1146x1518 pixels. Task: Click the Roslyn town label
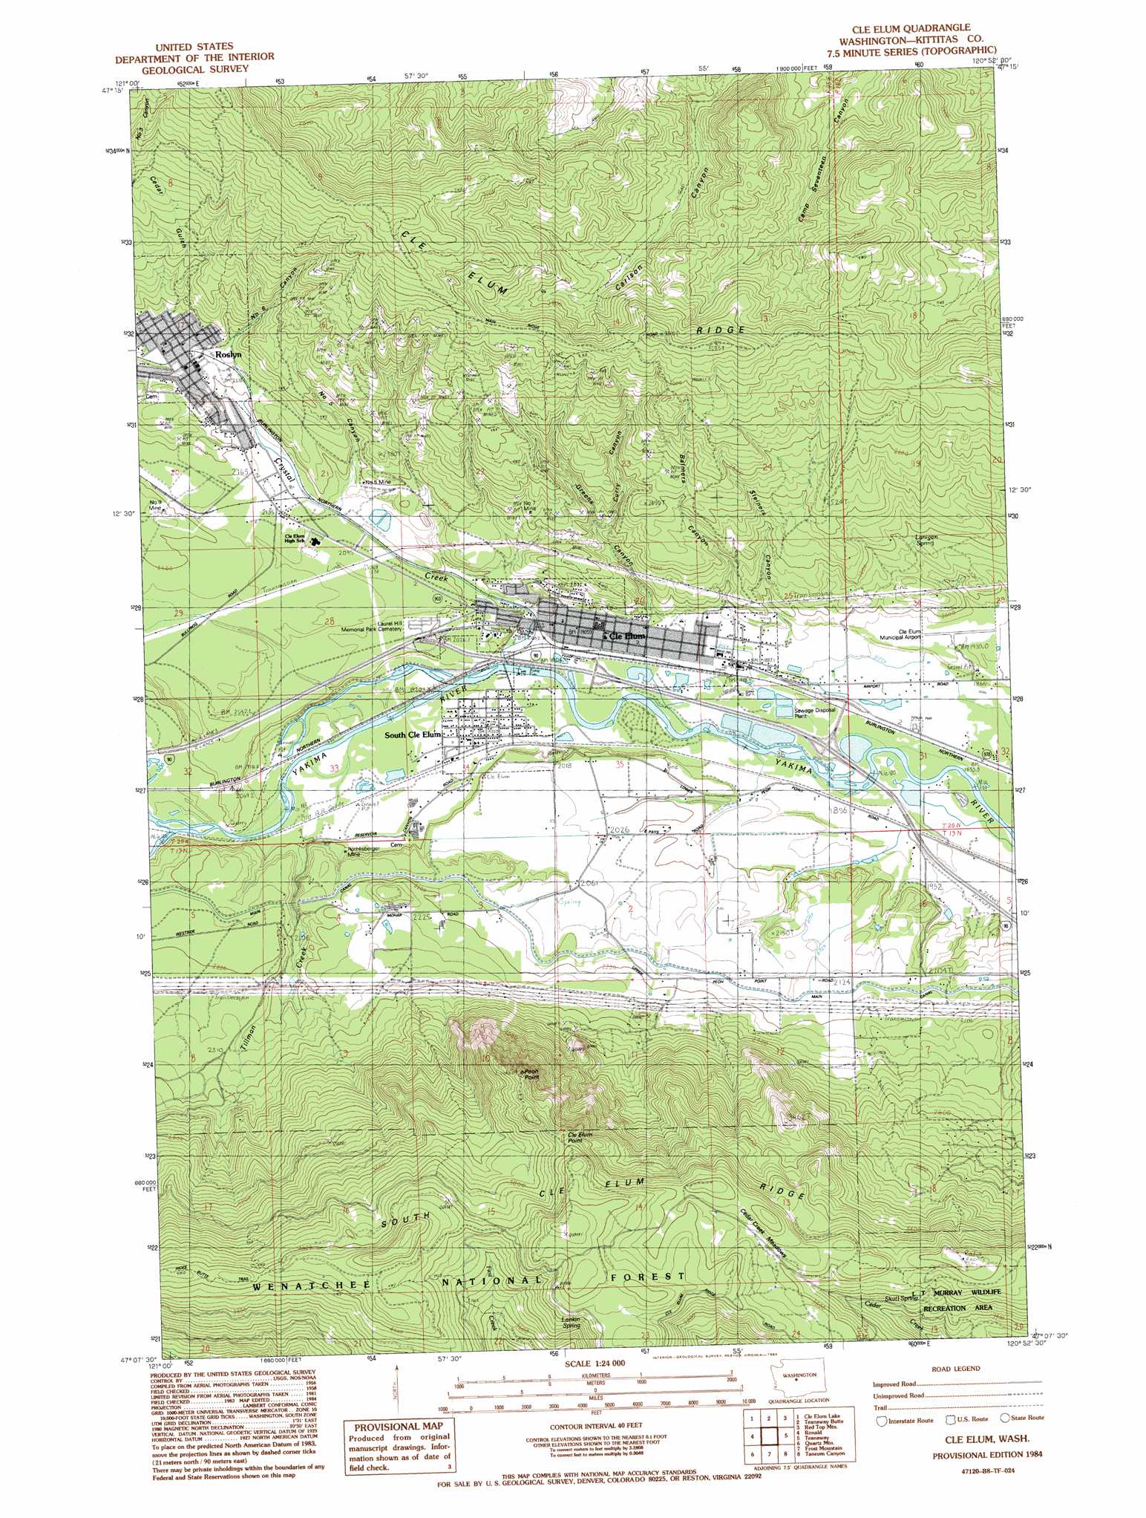click(228, 355)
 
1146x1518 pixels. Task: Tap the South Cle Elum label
click(413, 734)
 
